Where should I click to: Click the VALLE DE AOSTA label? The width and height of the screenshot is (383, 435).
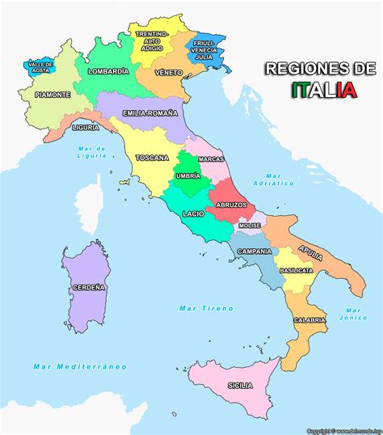pyautogui.click(x=40, y=67)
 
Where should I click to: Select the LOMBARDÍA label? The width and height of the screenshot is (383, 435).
pyautogui.click(x=108, y=71)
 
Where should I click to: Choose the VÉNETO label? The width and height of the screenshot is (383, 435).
pyautogui.click(x=168, y=72)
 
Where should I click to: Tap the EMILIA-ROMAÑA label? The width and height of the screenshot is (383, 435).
pyautogui.click(x=149, y=114)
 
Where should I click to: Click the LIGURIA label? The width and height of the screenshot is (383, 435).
pyautogui.click(x=86, y=128)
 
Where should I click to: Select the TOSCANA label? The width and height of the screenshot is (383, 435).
pyautogui.click(x=152, y=158)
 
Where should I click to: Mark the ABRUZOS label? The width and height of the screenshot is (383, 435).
pyautogui.click(x=232, y=205)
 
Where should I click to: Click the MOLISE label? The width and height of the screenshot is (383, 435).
pyautogui.click(x=250, y=226)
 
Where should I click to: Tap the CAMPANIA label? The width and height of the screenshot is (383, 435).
pyautogui.click(x=254, y=251)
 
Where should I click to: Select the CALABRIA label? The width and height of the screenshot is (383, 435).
pyautogui.click(x=309, y=320)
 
